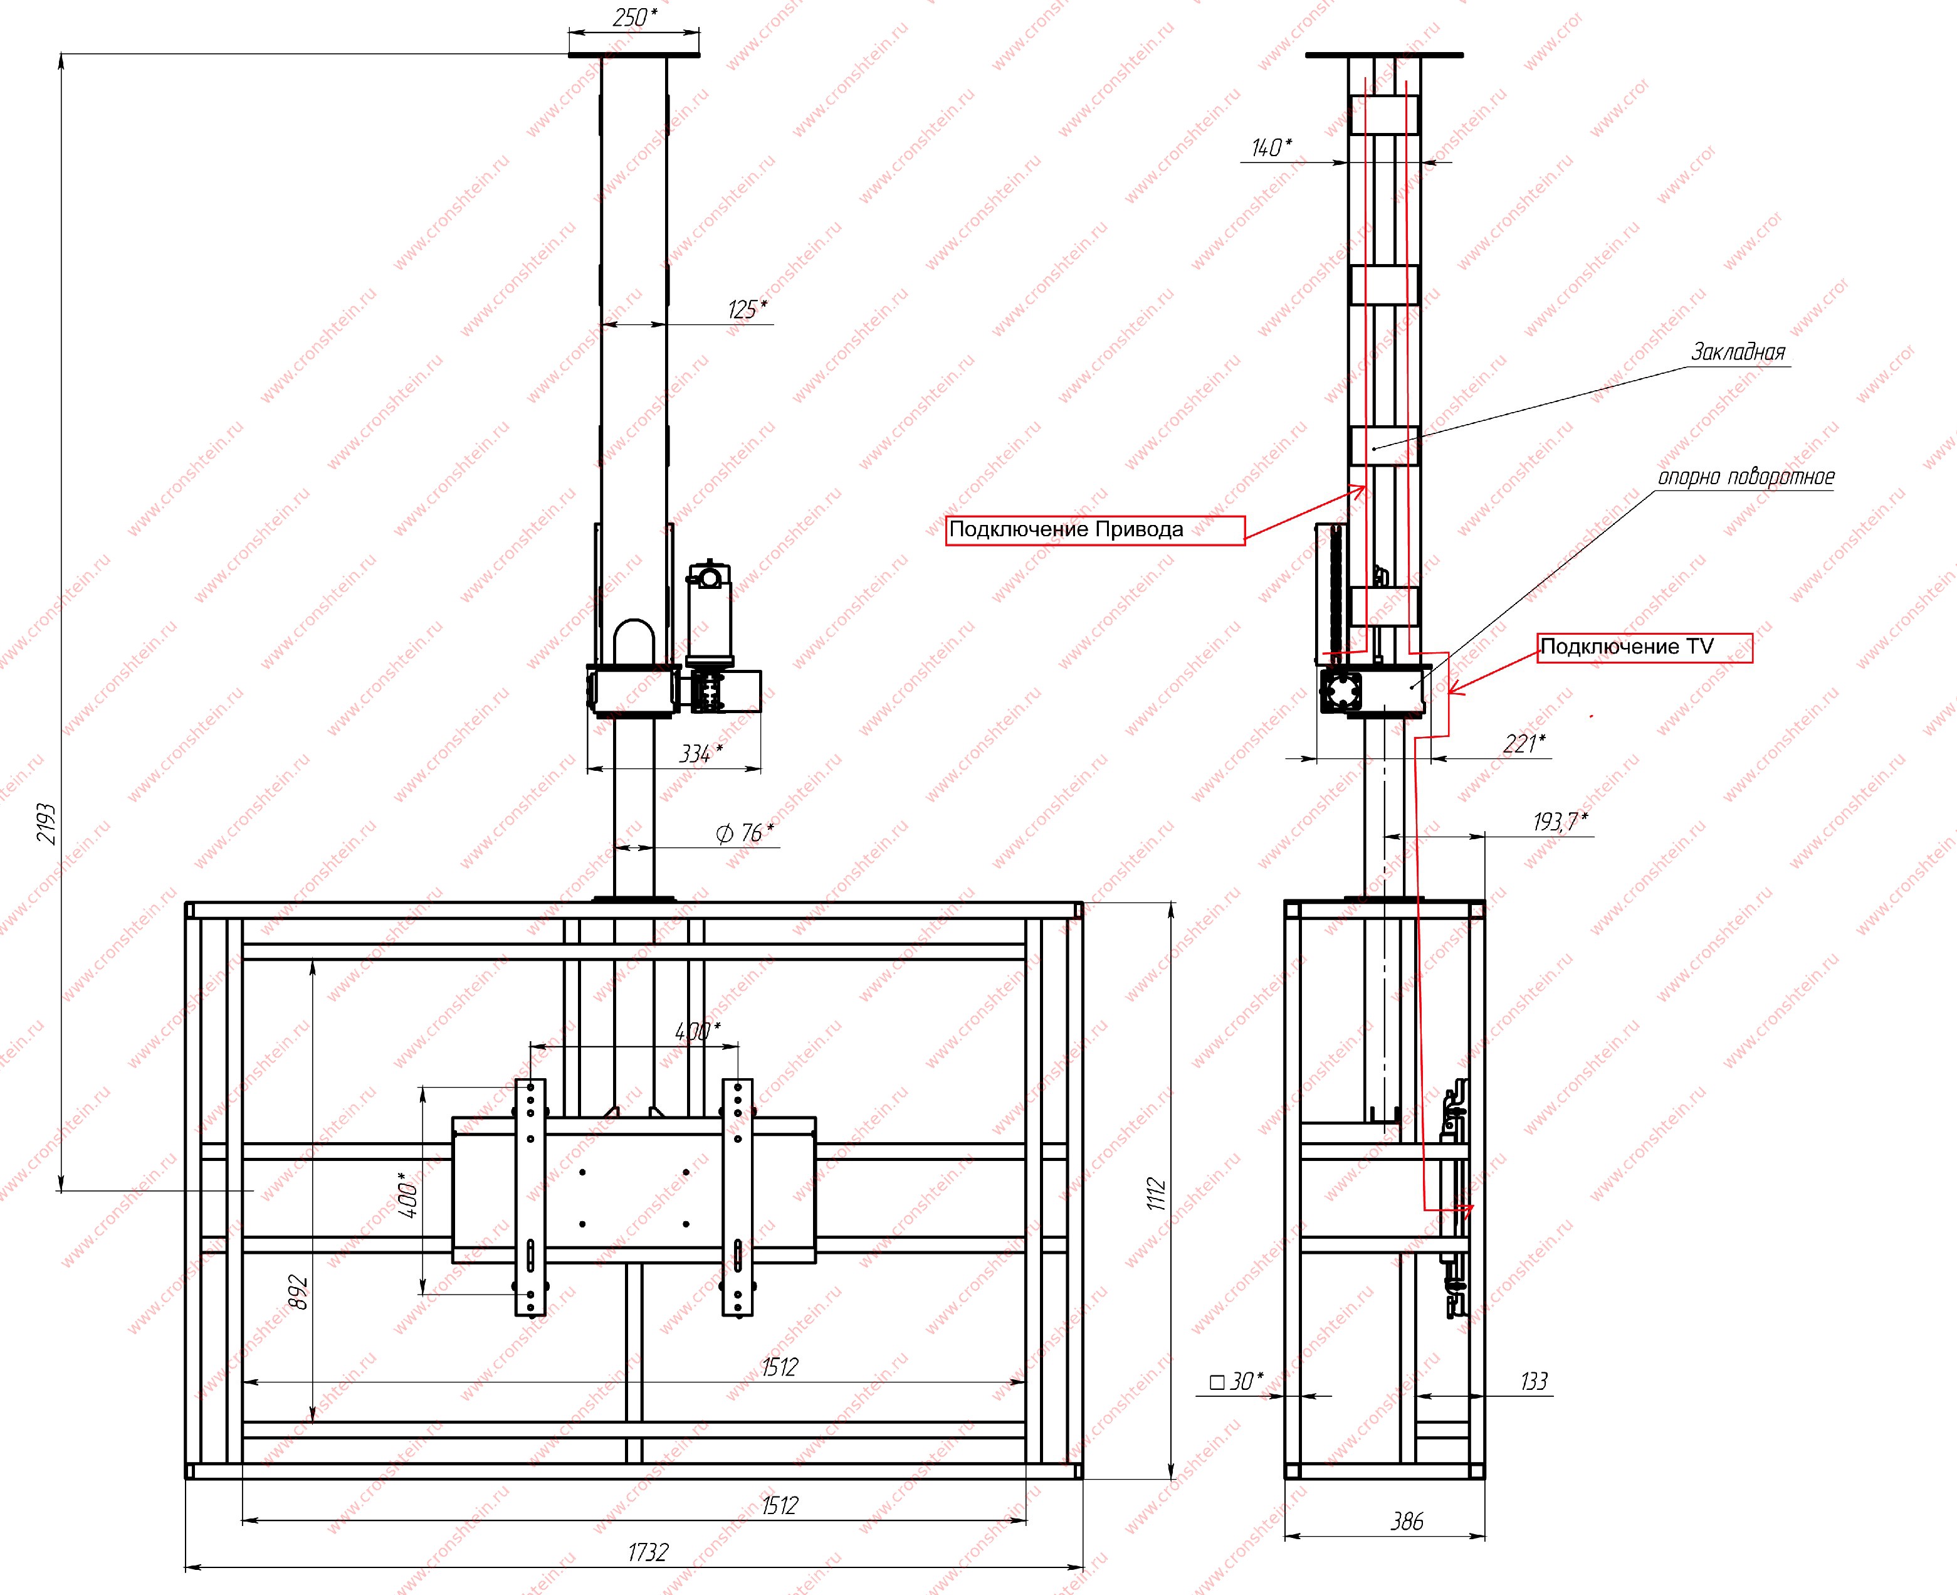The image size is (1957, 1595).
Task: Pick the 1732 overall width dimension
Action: pyautogui.click(x=648, y=1552)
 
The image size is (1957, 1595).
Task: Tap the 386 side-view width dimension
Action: pyautogui.click(x=1407, y=1522)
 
